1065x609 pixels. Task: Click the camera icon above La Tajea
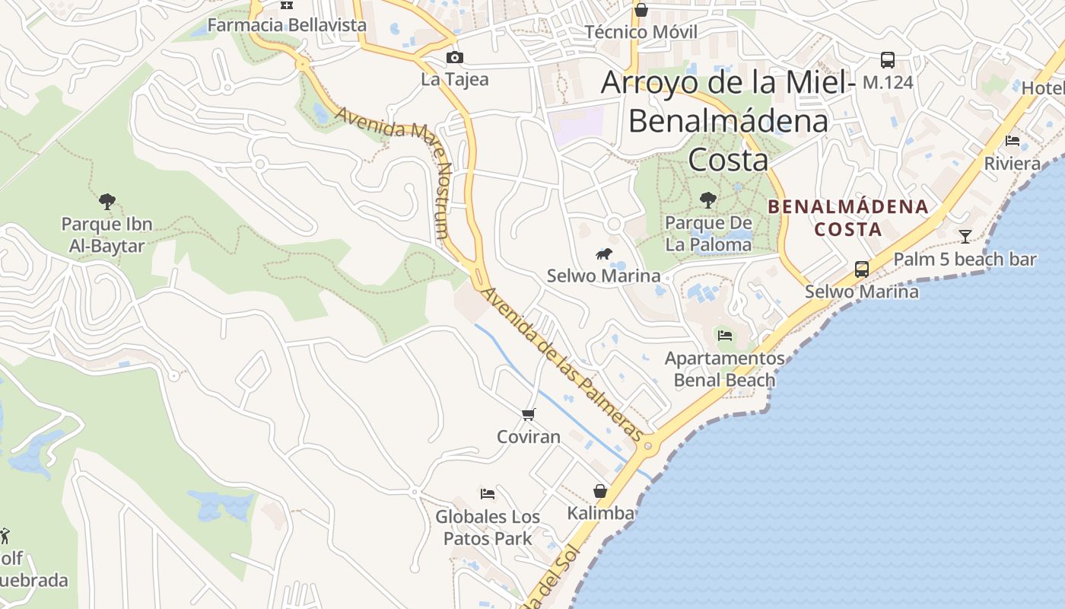[x=454, y=57]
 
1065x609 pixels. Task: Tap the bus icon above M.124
[x=887, y=60]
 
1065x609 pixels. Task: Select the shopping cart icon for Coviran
[x=529, y=414]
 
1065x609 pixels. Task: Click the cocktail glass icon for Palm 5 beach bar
[x=965, y=237]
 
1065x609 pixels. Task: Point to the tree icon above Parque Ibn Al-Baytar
[x=107, y=202]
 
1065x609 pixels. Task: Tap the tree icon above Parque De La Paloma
[x=708, y=200]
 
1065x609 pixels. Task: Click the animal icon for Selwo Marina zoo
[x=604, y=253]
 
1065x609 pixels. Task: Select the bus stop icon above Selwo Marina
[x=861, y=269]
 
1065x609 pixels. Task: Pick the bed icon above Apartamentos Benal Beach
[x=724, y=335]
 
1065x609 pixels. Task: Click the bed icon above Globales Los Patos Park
[x=488, y=494]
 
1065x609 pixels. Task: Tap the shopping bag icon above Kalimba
[x=600, y=491]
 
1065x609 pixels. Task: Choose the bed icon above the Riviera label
[x=1013, y=141]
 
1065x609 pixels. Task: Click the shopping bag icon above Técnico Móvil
[x=641, y=10]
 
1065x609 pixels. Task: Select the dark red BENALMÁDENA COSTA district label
[x=848, y=218]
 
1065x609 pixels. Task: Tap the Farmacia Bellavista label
[x=287, y=25]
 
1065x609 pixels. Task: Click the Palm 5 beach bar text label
[x=965, y=260]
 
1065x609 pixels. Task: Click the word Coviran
[x=529, y=437]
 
